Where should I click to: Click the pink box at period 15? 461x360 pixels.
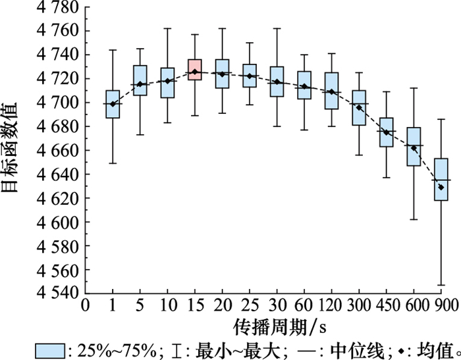tap(194, 69)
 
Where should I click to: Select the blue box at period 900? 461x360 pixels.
tap(441, 179)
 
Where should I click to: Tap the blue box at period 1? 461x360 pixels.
tap(113, 104)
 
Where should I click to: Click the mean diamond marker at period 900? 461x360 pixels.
tap(441, 187)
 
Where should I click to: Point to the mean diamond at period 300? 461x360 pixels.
tap(359, 107)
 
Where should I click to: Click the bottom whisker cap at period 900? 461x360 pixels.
tap(441, 285)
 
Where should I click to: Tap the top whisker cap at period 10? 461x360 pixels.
tap(167, 28)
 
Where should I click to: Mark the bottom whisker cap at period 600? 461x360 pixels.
tap(414, 219)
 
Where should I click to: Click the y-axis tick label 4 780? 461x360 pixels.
tap(52, 7)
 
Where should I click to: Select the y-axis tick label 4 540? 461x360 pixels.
tap(52, 294)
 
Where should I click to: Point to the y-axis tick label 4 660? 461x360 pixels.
tap(52, 150)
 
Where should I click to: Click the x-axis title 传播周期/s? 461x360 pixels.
tap(272, 327)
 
